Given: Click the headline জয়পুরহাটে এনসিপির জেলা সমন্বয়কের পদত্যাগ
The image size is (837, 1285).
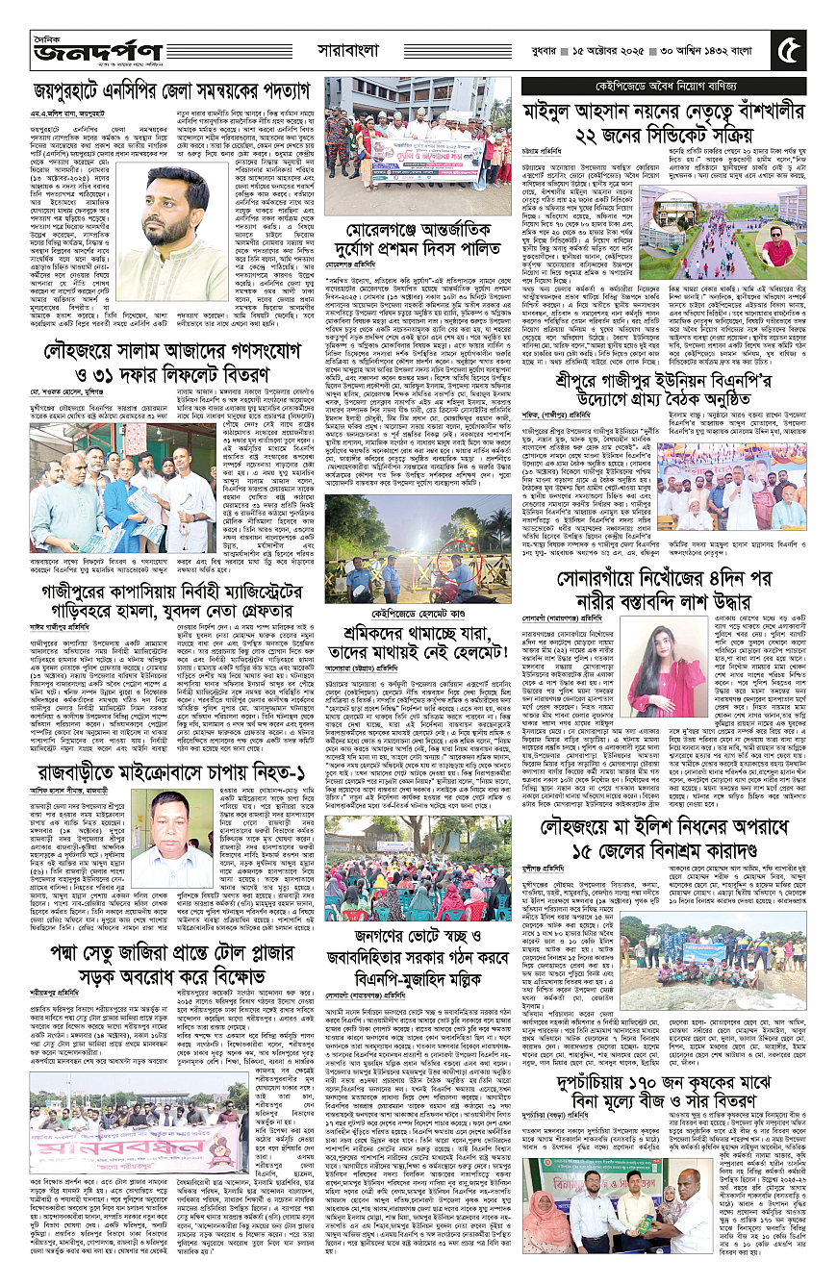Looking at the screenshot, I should coord(168,92).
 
